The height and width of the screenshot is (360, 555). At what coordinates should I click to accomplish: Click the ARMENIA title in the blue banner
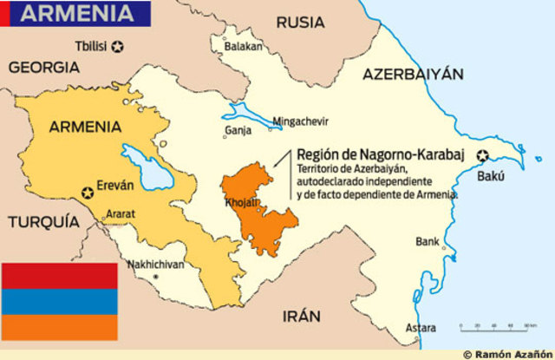point(78,14)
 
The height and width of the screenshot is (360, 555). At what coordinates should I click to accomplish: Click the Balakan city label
point(245,45)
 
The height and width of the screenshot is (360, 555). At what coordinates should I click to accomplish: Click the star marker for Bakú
point(482,156)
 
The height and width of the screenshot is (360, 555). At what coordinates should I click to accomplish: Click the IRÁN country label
point(300,316)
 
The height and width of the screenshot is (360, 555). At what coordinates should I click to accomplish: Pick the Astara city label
point(422,328)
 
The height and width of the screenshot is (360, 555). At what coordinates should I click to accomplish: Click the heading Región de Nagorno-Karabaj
point(368,154)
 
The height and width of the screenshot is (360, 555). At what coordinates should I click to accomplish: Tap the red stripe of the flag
point(59,276)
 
